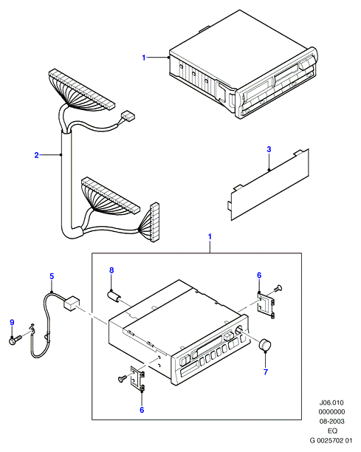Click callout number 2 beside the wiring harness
click(x=36, y=155)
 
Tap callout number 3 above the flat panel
click(x=269, y=149)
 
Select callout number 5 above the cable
click(x=52, y=276)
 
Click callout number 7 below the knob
click(x=266, y=371)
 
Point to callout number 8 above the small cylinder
click(x=111, y=270)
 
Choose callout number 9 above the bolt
click(x=12, y=322)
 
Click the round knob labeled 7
click(x=266, y=345)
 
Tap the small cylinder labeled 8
click(x=114, y=296)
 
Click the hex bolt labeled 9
click(x=16, y=340)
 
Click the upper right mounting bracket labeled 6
click(x=266, y=306)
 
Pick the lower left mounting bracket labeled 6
click(x=137, y=378)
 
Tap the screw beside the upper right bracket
click(x=278, y=288)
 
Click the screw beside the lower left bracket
click(x=123, y=378)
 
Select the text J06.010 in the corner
click(x=331, y=403)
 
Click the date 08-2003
click(x=331, y=422)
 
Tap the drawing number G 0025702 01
click(x=331, y=440)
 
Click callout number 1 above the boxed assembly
click(x=210, y=236)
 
